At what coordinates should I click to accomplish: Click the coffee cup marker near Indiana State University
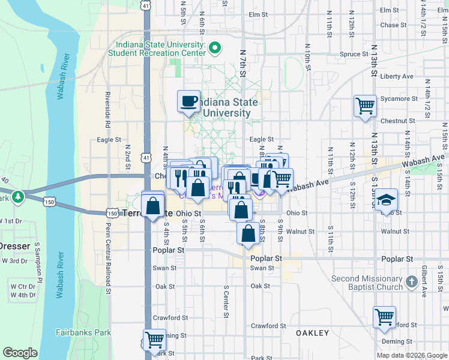[x=189, y=101]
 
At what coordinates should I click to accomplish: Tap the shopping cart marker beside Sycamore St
[x=366, y=107]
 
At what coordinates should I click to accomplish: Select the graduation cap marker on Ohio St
[x=386, y=199]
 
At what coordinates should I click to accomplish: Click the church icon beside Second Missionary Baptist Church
[x=411, y=281]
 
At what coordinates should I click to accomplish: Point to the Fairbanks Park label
[x=83, y=332]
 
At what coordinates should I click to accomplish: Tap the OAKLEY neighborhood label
[x=312, y=332]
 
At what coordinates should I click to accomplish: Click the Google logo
[x=20, y=353]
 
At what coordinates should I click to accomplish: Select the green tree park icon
[x=19, y=196]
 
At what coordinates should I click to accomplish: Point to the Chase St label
[x=393, y=25]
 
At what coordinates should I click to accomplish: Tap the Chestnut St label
[x=394, y=121]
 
